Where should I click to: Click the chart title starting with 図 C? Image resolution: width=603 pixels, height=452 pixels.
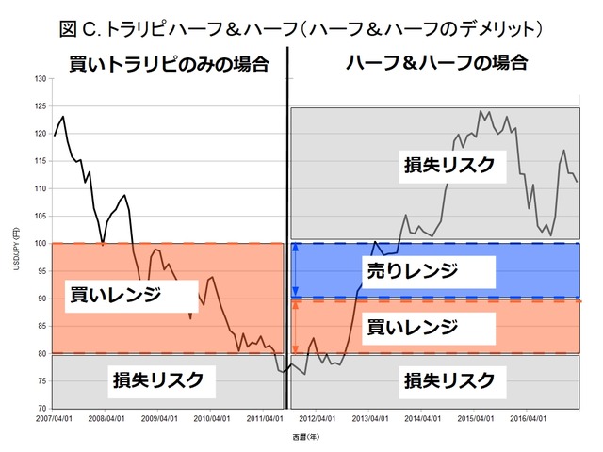point(301,28)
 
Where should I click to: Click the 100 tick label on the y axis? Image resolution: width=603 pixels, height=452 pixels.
point(40,244)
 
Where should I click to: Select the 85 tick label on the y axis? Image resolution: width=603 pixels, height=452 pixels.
point(41,326)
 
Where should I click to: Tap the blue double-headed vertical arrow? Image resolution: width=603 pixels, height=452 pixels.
point(296,271)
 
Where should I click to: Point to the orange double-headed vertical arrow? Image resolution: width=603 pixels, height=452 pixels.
point(296,327)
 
